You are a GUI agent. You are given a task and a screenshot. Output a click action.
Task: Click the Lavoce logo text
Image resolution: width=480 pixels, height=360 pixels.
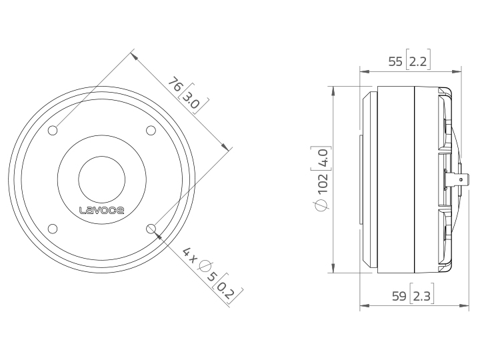pos(101,210)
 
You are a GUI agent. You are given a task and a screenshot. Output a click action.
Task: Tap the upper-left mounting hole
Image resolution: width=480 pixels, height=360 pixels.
pos(53,131)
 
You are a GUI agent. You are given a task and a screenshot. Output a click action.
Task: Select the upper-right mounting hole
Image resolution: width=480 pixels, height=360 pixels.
pos(151,131)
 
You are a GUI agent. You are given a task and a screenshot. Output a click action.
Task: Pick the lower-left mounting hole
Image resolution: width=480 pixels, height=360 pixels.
pos(53,229)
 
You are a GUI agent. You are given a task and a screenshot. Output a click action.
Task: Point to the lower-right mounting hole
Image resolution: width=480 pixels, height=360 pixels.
pos(151,229)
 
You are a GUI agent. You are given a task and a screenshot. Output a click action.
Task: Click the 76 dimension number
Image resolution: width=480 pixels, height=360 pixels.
pos(175,85)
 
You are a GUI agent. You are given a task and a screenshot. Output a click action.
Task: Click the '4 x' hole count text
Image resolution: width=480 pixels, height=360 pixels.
pos(189,255)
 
